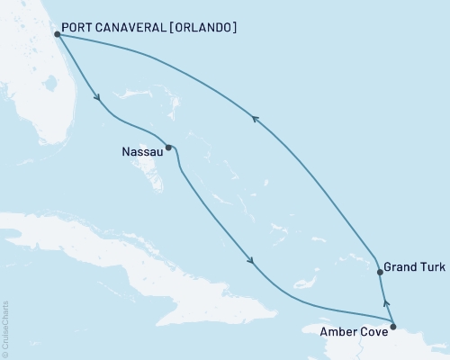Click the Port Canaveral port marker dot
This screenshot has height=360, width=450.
[57, 34]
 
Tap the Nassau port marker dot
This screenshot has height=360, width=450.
[168, 148]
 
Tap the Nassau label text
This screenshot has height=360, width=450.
[139, 153]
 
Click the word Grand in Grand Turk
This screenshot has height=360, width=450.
[400, 267]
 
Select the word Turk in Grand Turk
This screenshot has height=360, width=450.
[430, 267]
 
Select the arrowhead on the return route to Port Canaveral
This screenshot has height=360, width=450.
[256, 118]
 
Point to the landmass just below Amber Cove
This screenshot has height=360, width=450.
[396, 346]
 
